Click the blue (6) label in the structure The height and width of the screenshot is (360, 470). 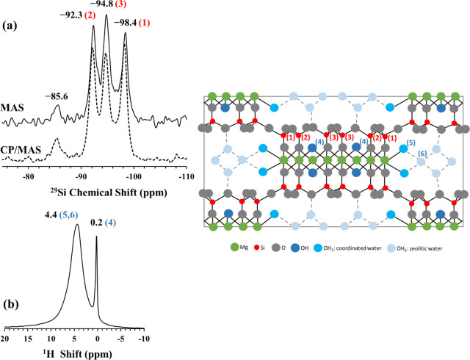click(422, 153)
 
